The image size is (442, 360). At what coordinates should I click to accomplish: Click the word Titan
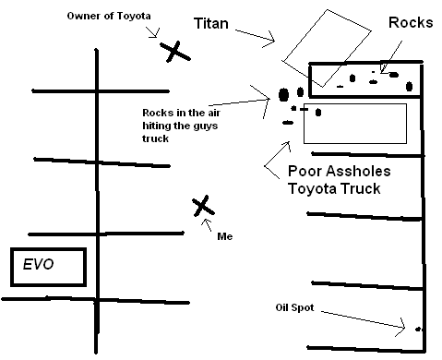tap(211, 23)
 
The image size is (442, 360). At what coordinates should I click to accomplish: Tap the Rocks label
tap(411, 22)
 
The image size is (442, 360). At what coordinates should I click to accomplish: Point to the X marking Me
tap(203, 206)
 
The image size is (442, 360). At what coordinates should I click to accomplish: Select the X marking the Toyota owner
tap(174, 52)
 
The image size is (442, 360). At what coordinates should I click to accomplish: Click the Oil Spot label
tap(294, 307)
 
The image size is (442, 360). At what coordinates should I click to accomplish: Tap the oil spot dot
tap(417, 330)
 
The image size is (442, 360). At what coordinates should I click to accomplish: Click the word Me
tap(225, 236)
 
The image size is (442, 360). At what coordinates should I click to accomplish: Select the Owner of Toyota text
tap(109, 16)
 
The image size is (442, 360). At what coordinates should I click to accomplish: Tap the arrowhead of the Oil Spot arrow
tap(402, 328)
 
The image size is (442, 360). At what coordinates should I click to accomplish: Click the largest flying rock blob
tap(283, 95)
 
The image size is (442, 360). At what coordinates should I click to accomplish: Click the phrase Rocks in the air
tap(181, 113)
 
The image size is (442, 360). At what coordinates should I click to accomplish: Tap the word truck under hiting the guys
tap(155, 138)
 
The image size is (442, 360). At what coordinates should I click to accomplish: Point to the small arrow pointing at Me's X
tap(207, 225)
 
